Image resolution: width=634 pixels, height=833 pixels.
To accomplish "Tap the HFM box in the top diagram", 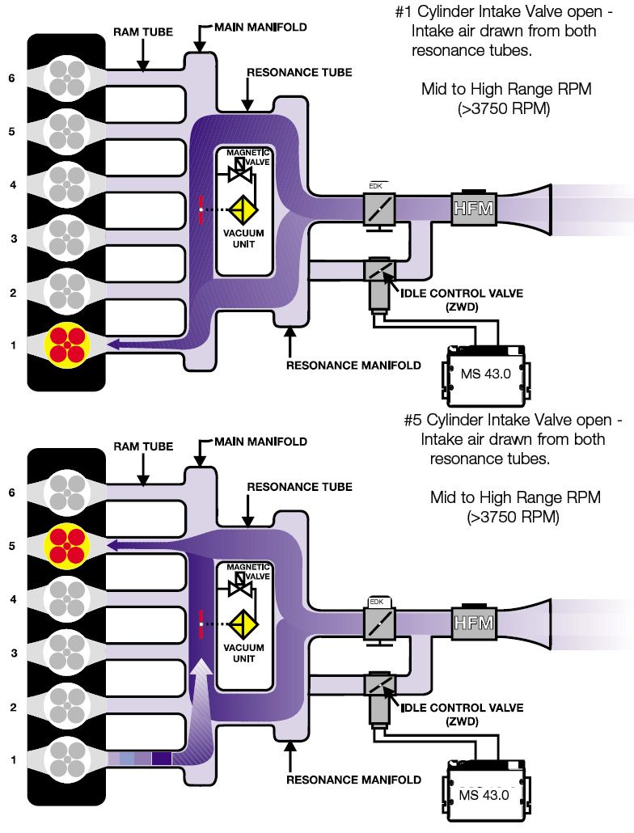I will point(474,209).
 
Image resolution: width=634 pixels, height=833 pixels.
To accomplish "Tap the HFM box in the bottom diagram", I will point(474,623).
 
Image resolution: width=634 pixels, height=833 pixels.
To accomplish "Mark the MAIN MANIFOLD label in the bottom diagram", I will point(260,442).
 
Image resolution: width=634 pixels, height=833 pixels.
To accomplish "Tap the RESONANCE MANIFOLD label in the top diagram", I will point(353,365).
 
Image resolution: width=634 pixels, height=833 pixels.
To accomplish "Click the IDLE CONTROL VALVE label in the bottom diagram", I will point(462,708).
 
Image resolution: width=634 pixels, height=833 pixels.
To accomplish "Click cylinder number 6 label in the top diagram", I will point(12,78).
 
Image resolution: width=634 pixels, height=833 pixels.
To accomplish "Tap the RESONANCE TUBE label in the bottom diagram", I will point(299,487).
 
